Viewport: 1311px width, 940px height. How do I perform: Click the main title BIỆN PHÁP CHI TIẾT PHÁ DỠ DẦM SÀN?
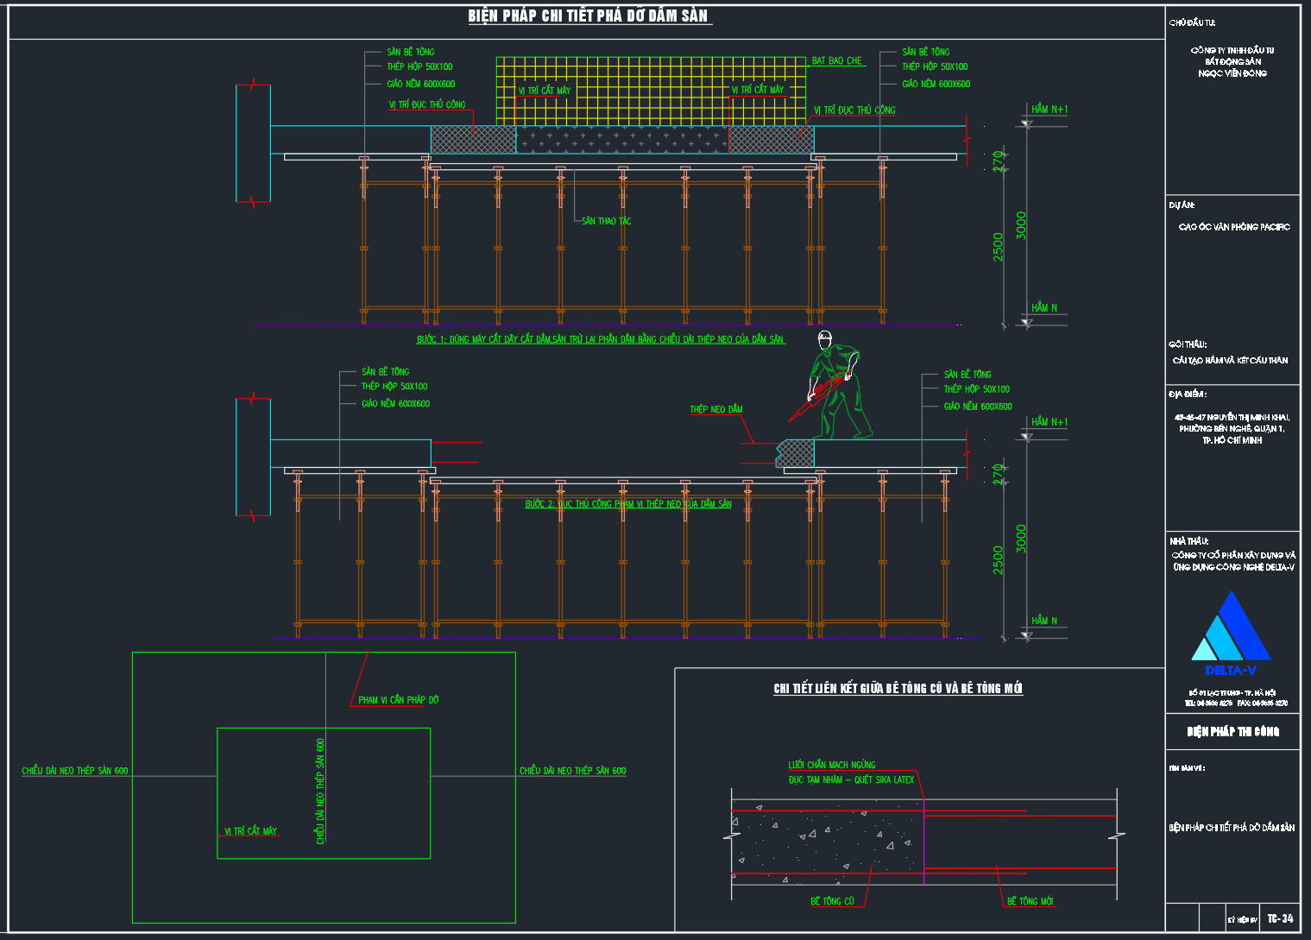589,16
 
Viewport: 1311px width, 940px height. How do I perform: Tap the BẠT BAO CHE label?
836,61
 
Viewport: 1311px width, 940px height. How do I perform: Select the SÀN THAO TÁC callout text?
606,221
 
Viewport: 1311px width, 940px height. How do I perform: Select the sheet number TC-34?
1280,918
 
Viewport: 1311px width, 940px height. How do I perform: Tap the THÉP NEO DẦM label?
715,409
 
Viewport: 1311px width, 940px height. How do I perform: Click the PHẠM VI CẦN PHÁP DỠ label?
398,700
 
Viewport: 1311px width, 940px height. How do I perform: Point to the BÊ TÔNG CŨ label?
832,901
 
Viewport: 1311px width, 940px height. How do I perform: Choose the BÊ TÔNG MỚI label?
1030,901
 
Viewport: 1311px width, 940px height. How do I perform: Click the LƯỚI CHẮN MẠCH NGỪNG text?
831,765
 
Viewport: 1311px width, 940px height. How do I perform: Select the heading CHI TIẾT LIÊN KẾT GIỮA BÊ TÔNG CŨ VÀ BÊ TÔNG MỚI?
898,688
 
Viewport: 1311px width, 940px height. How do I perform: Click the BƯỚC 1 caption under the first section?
600,339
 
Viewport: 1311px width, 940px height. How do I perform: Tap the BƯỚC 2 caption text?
628,504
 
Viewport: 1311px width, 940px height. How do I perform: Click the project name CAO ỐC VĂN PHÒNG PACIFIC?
1234,227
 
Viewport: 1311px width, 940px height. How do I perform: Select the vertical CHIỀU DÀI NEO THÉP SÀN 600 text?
320,790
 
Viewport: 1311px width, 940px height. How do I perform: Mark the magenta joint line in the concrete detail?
923,842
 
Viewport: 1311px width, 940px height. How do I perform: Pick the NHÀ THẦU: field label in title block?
1188,540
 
